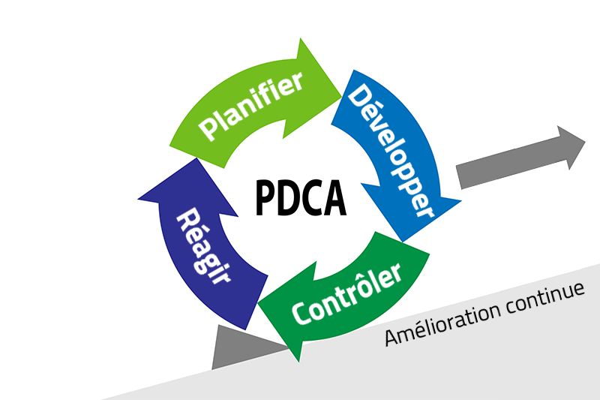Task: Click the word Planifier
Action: (251, 105)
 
